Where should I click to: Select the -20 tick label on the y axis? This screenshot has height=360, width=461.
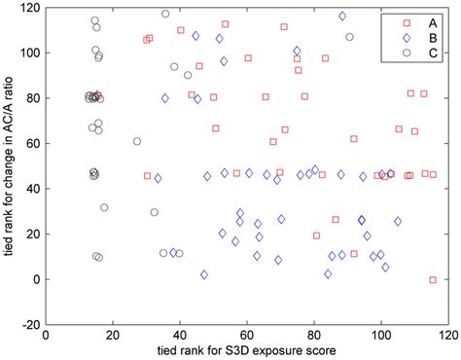tap(31, 325)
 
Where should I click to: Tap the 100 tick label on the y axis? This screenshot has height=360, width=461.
tap(29, 53)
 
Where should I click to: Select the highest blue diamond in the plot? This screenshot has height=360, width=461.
tap(342, 17)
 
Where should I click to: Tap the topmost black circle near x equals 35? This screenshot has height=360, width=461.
tap(165, 14)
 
